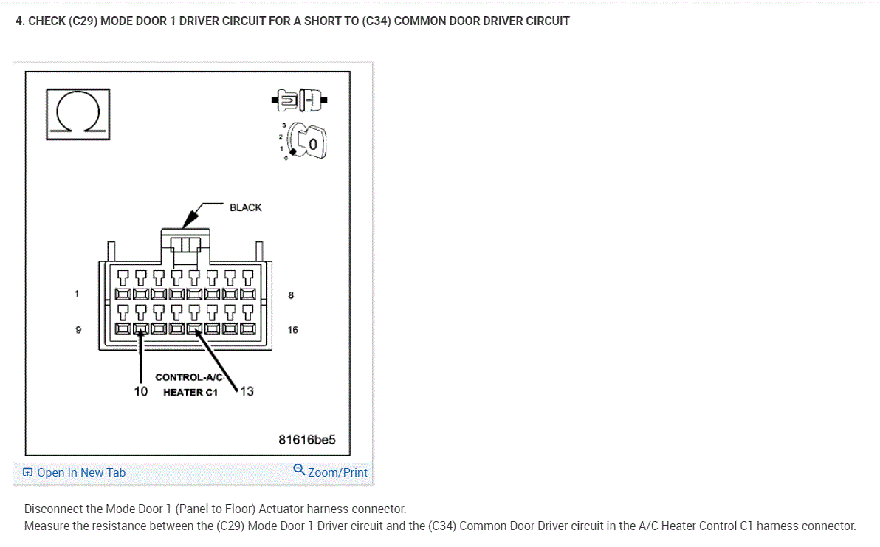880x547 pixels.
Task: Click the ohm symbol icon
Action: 78,114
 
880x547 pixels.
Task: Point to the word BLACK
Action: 245,207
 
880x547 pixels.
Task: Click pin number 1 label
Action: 76,295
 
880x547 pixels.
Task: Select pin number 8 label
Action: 291,295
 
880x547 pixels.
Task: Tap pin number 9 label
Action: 78,330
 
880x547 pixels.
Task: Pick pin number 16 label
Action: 293,330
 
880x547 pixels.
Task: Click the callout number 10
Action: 141,391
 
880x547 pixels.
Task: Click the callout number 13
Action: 247,391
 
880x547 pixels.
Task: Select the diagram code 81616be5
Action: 306,440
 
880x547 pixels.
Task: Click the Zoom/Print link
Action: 337,472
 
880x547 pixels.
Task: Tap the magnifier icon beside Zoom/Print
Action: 299,469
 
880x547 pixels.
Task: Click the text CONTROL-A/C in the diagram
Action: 189,377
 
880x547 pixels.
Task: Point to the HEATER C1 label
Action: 190,392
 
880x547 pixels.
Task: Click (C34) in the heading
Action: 377,21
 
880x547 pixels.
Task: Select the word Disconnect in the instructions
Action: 52,509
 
